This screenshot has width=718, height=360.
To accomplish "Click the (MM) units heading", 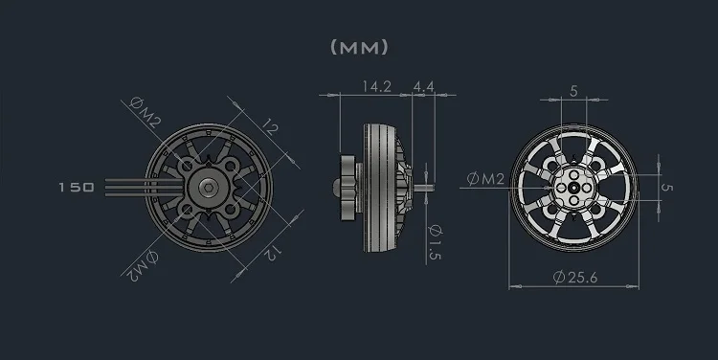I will click(359, 46).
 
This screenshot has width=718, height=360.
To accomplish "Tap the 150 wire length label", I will click(77, 188).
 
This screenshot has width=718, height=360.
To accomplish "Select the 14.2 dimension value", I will click(376, 86).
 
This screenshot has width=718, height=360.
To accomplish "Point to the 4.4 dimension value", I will click(424, 86).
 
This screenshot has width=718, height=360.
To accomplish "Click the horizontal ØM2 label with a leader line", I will click(486, 178).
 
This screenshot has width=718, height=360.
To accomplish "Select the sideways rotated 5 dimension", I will click(667, 188).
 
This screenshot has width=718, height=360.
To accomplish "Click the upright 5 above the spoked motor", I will click(573, 92).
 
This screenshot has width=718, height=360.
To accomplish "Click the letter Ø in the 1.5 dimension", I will click(435, 231).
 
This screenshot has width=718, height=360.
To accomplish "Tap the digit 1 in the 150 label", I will click(62, 188).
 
